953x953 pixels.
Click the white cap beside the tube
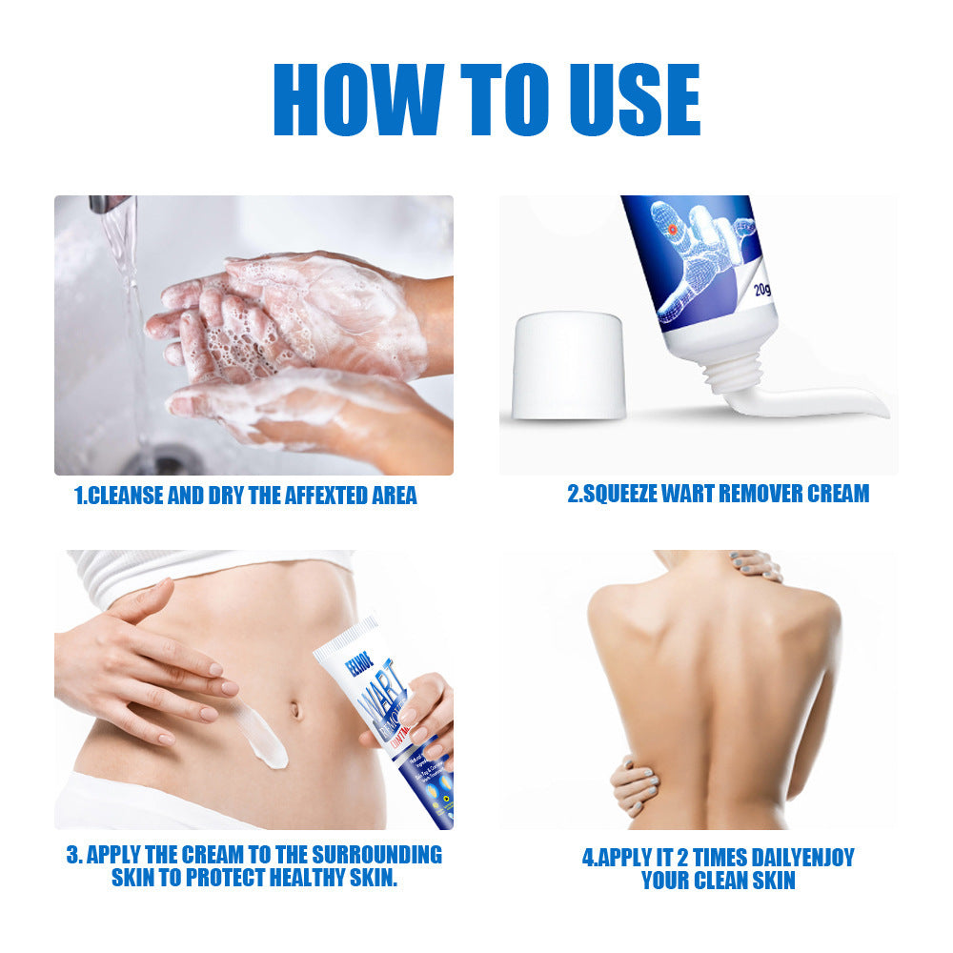tap(569, 367)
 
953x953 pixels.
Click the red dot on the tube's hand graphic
tap(672, 229)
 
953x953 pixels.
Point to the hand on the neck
tap(758, 566)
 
